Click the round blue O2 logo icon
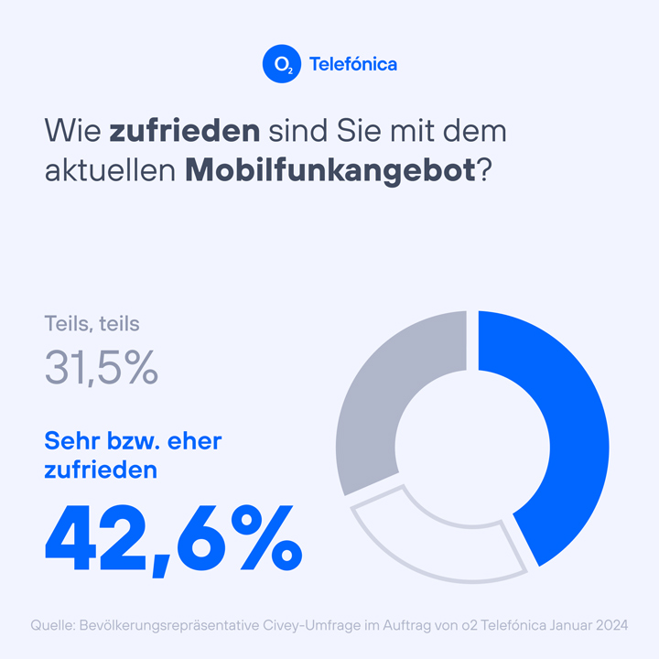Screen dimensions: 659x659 pyautogui.click(x=280, y=64)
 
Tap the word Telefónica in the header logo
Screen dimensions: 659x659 pyautogui.click(x=353, y=65)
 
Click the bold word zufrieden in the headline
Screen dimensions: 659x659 pyautogui.click(x=184, y=131)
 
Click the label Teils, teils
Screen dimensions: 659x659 pyautogui.click(x=92, y=323)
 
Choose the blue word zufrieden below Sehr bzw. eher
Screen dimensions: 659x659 pyautogui.click(x=101, y=470)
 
